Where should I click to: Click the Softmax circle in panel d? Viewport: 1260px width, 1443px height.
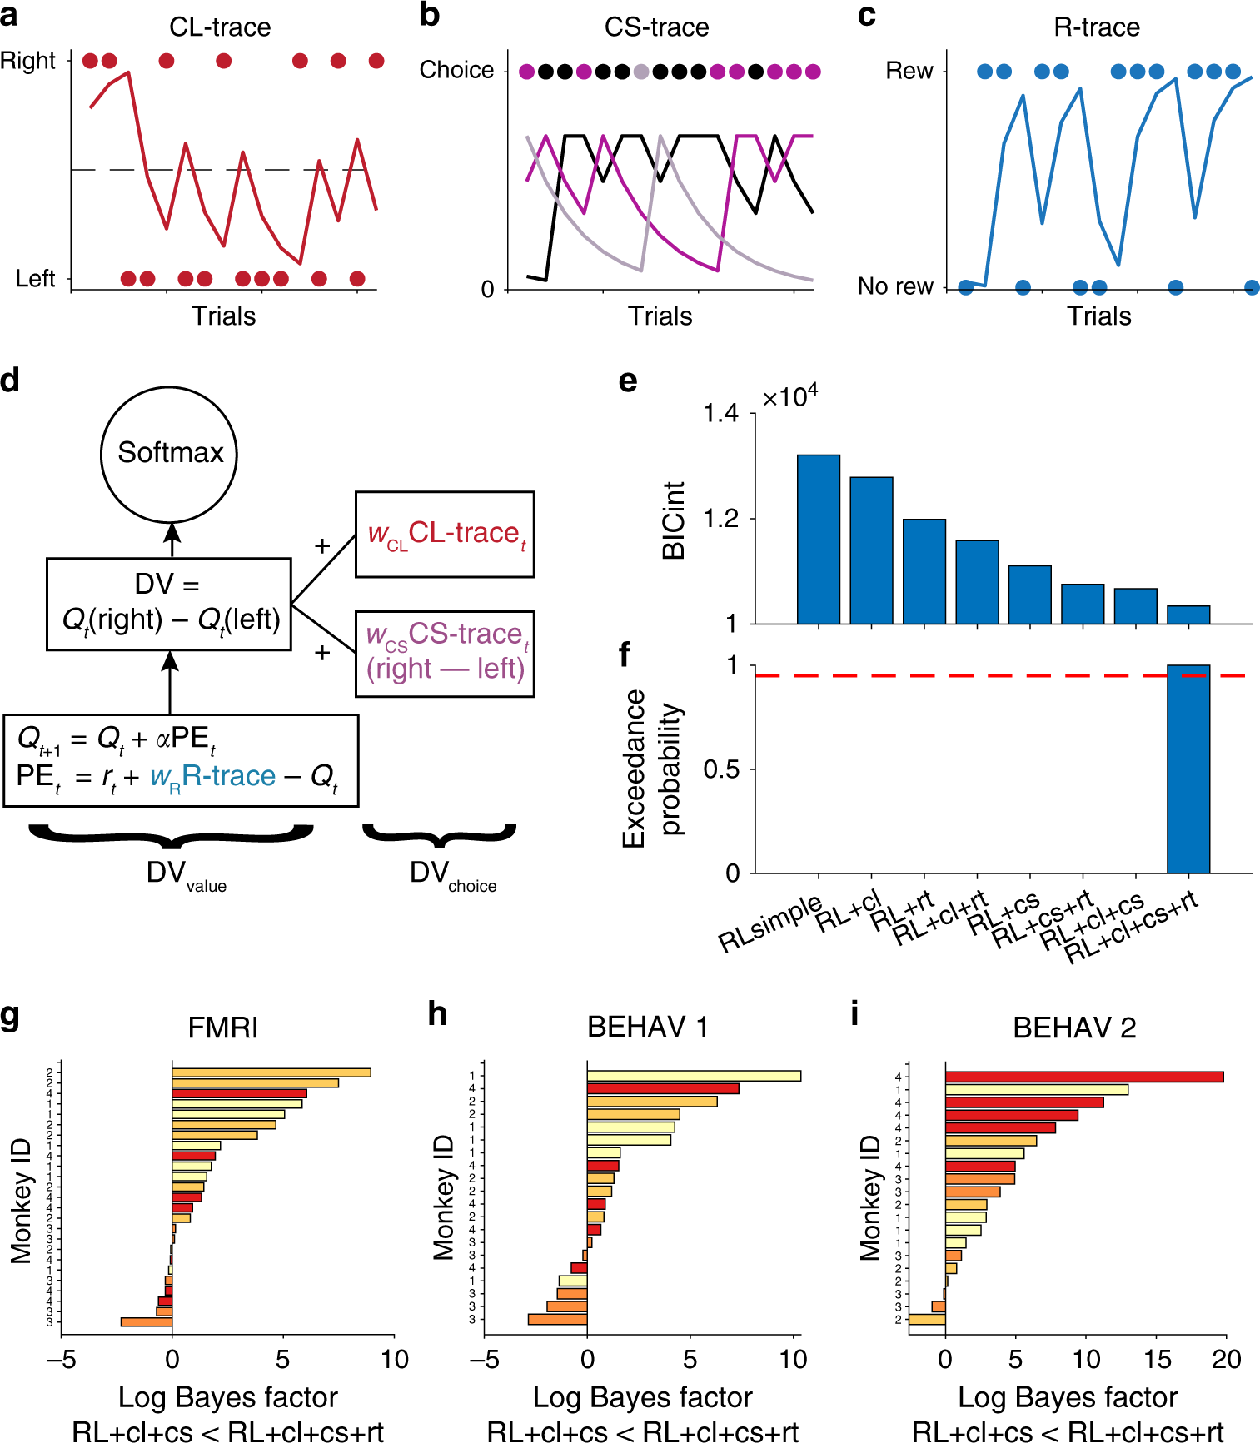[x=169, y=454]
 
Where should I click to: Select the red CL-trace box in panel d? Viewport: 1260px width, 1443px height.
[x=445, y=534]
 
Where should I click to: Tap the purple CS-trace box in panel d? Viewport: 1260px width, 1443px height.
[x=445, y=653]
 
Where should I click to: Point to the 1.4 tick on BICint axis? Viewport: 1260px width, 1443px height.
[x=720, y=413]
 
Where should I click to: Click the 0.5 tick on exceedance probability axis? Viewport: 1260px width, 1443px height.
[x=720, y=769]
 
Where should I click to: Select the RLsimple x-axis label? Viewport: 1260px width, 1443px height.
[x=769, y=924]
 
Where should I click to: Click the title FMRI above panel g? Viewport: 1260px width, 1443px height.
[x=222, y=1028]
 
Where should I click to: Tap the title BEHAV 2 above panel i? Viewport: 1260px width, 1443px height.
[x=1073, y=1028]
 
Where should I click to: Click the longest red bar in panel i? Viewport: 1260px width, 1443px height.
[x=1083, y=1077]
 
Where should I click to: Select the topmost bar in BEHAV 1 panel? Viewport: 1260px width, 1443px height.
[x=693, y=1076]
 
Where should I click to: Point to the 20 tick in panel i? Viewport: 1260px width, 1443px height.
[x=1226, y=1360]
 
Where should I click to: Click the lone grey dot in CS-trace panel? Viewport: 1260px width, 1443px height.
[x=640, y=72]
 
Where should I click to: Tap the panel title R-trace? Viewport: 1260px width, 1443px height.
[x=1096, y=27]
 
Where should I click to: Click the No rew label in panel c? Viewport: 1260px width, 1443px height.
[x=895, y=286]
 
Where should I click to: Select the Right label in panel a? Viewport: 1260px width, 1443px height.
[x=27, y=61]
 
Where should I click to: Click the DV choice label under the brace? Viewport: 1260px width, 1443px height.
[x=452, y=875]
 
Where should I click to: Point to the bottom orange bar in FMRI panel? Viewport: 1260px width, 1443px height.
[x=147, y=1321]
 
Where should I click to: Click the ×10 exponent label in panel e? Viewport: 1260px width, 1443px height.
[x=789, y=396]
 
